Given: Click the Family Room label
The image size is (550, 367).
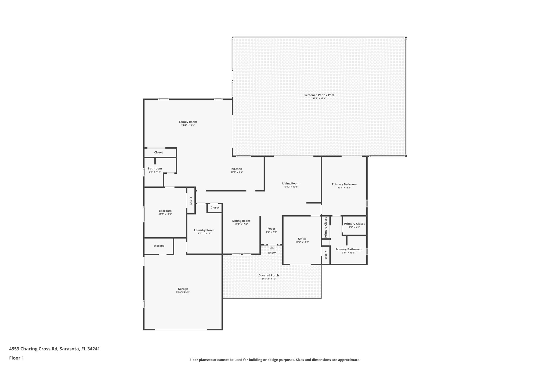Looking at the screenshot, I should point(188,122).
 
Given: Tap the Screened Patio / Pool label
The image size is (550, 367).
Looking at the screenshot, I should point(319,95).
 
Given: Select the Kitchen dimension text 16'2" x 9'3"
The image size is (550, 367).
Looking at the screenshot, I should point(237,172).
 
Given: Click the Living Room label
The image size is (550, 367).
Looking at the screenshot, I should point(291,183).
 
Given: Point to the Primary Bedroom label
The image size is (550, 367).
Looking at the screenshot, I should point(344,184).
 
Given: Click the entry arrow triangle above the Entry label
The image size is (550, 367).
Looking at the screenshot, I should point(272,248).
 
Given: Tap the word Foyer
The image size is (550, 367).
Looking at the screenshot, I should point(271,229).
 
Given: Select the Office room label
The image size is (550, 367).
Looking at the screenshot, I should point(302,239).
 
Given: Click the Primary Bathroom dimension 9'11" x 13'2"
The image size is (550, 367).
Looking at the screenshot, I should point(348,253).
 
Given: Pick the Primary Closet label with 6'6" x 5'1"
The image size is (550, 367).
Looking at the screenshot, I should point(354,224).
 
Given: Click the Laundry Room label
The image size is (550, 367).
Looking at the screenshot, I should point(204,230).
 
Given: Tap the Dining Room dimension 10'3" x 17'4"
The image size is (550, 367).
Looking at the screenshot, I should point(241,224).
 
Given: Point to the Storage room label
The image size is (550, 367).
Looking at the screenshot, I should point(159,246).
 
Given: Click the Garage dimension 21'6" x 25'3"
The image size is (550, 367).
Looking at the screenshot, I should point(183,292).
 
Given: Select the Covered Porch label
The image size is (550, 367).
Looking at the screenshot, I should point(269,275).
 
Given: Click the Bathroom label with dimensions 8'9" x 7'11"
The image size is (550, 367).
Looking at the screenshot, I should point(155,169).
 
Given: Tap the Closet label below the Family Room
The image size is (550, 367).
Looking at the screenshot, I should point(158,152).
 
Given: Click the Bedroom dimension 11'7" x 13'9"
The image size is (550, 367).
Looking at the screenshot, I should point(165,214).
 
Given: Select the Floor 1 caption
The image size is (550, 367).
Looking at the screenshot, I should point(16,358).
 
